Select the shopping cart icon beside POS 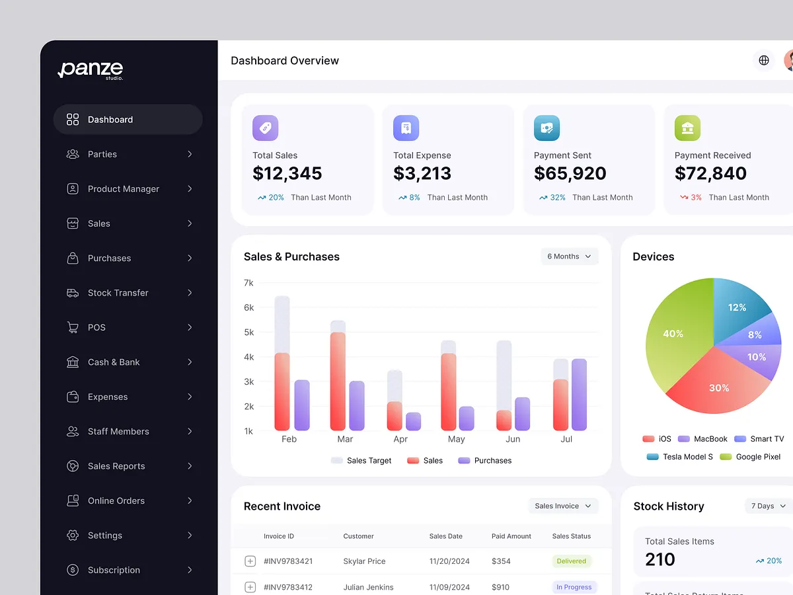click(73, 327)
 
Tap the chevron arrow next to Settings click(190, 535)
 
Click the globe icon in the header click(764, 60)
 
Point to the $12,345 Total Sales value click(287, 173)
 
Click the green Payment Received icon click(687, 128)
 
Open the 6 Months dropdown click(569, 257)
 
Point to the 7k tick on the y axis click(248, 283)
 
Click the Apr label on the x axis click(400, 439)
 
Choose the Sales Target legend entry click(361, 461)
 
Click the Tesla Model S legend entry click(680, 457)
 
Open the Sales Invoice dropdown click(563, 506)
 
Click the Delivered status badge click(572, 561)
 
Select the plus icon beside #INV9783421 click(250, 561)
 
